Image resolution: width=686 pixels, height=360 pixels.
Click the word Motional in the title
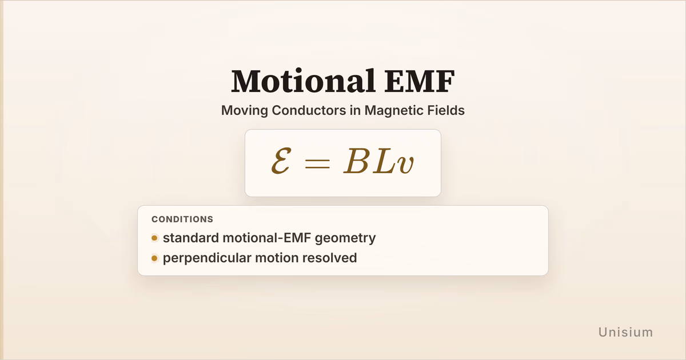coord(304,81)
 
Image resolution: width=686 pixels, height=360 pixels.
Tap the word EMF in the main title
coord(420,81)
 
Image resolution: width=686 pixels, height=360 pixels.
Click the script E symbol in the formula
coord(281,161)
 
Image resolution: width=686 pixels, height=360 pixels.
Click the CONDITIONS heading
coord(182,219)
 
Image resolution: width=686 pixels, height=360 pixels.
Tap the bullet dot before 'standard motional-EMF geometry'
coord(154,238)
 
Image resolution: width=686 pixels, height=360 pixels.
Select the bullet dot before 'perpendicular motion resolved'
coord(154,258)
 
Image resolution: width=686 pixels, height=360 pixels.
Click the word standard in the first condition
coord(191,238)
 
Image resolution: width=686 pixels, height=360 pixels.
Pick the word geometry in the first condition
coord(345,238)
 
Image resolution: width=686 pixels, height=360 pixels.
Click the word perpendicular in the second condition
coord(207,258)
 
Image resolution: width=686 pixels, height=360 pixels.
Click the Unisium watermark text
coord(625,332)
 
